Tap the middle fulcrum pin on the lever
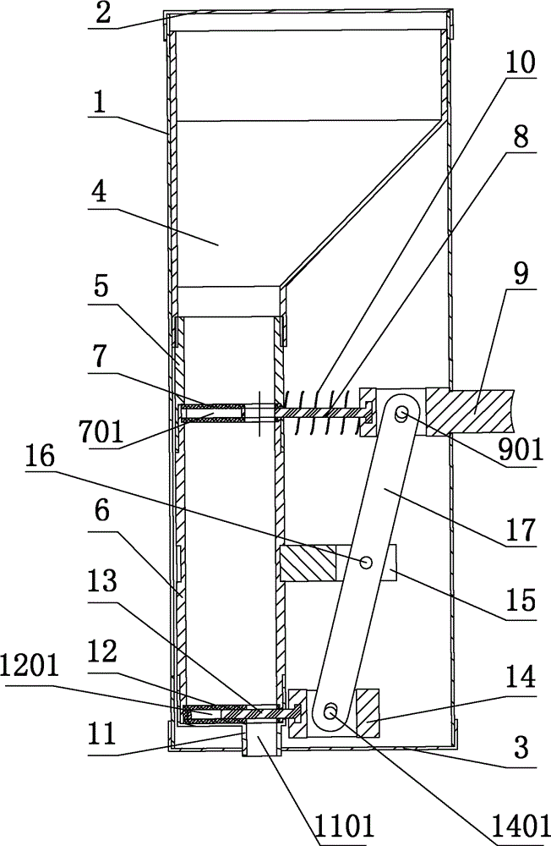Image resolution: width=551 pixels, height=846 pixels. (x=366, y=563)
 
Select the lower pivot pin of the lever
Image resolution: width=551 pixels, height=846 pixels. (x=330, y=711)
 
